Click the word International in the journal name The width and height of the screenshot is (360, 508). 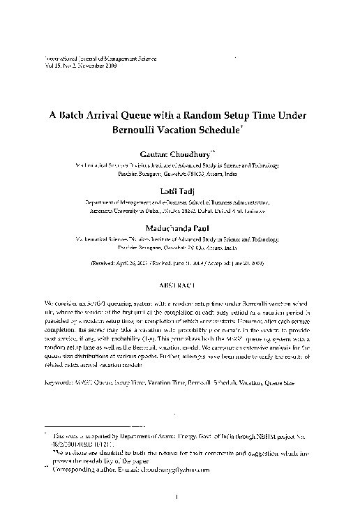pos(58,61)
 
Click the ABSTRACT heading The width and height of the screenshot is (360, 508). pos(180,285)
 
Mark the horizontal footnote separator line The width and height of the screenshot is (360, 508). pos(94,426)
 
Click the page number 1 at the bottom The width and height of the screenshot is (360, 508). pos(179,497)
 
